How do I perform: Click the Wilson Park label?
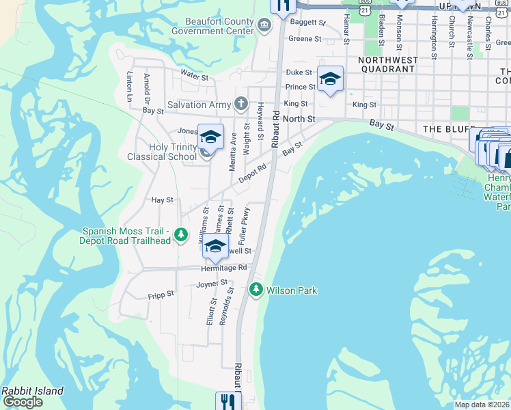pos(292,290)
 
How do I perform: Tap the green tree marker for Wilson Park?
pos(256,290)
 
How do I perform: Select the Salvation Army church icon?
pos(240,104)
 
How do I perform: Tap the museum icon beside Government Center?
pos(265,26)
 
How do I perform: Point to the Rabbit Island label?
pos(32,391)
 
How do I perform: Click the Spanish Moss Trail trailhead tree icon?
pos(181,235)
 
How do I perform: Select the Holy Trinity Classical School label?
pos(162,152)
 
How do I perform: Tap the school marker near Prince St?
pos(330,79)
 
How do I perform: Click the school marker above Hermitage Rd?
pos(215,247)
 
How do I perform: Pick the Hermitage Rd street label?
pos(223,269)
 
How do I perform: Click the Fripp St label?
pos(161,294)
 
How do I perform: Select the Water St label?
pos(194,76)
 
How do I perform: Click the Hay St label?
pos(162,200)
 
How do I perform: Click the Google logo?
pos(23,402)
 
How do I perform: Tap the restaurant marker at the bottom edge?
pos(228,401)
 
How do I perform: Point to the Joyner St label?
pos(212,284)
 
